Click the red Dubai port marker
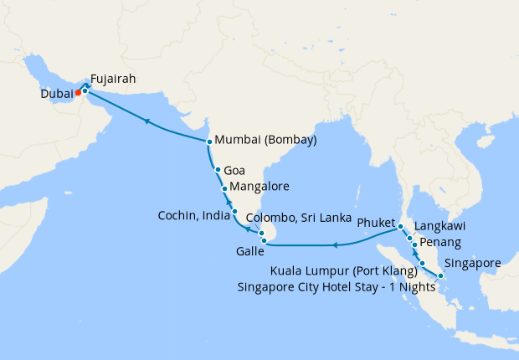78,93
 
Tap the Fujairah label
112,80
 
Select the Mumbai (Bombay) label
265,141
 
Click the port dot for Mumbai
208,141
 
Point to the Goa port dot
218,170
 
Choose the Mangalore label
259,187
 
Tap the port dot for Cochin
234,211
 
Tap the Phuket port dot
401,227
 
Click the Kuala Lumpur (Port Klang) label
344,271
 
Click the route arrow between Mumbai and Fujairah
147,122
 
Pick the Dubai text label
56,94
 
